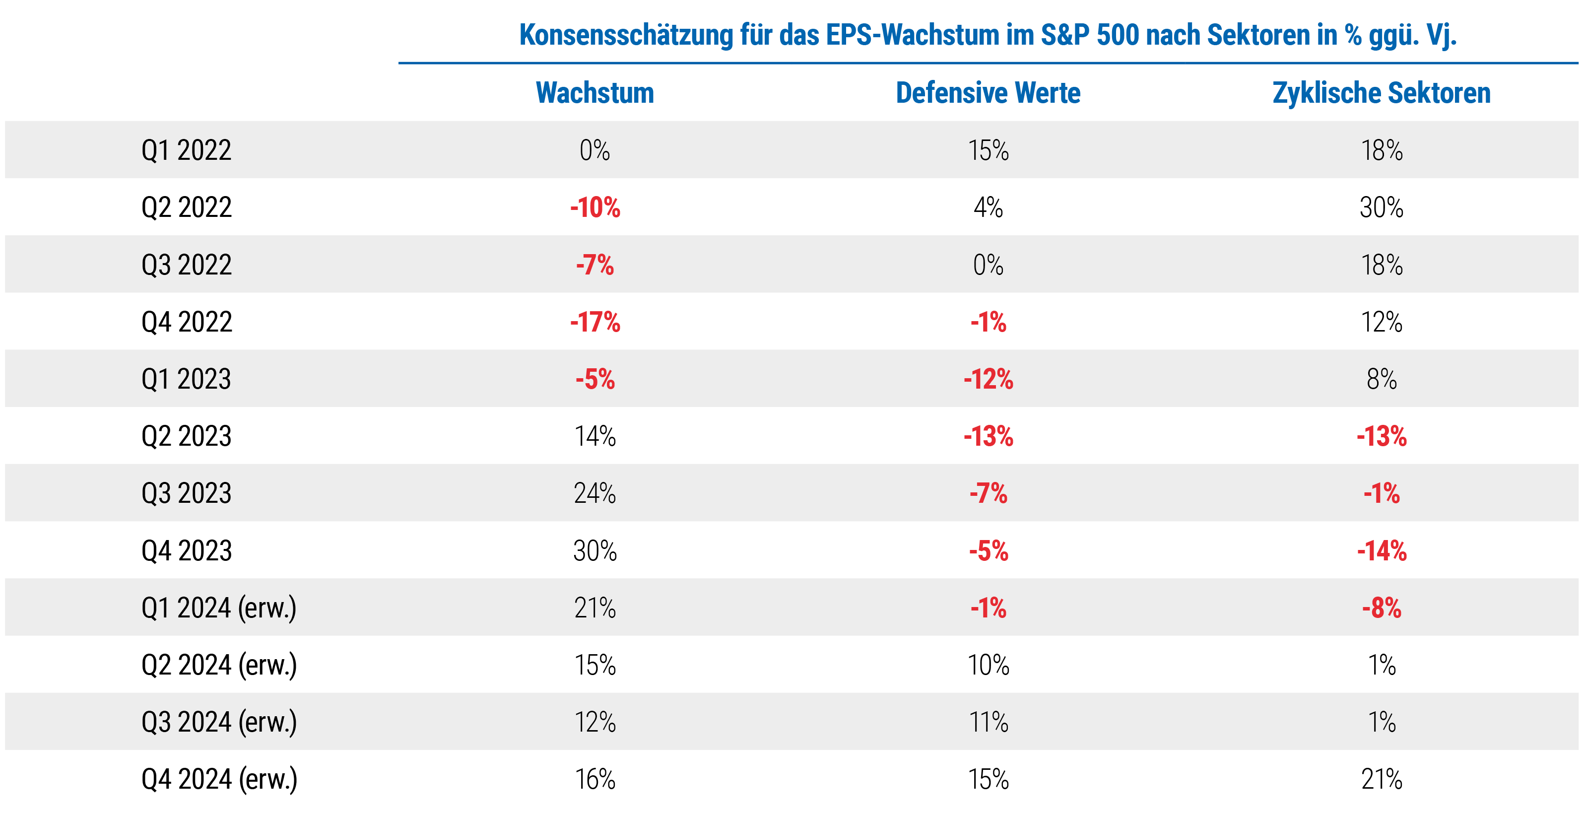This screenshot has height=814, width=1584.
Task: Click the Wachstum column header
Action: [x=594, y=93]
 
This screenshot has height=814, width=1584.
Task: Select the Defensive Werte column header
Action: [x=988, y=93]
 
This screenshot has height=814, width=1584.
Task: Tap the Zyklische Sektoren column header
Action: [x=1381, y=93]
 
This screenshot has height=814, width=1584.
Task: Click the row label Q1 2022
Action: [x=186, y=150]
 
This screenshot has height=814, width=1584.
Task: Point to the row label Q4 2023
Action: [x=186, y=551]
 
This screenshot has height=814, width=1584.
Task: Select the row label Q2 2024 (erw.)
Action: [x=219, y=665]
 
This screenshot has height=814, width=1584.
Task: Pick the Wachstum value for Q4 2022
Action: [x=594, y=322]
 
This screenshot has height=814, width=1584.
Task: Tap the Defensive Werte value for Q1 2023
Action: [x=988, y=379]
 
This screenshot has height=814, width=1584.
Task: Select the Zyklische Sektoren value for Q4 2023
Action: [x=1381, y=551]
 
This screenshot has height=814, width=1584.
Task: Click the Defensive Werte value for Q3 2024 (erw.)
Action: [x=988, y=722]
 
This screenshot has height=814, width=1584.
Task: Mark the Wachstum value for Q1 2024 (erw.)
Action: [x=594, y=608]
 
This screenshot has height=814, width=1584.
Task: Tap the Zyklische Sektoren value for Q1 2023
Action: [x=1381, y=379]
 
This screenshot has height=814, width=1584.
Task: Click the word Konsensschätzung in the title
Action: [x=626, y=35]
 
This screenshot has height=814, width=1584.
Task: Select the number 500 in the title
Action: [x=1118, y=35]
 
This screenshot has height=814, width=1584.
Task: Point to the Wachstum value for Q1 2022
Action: [x=594, y=150]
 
